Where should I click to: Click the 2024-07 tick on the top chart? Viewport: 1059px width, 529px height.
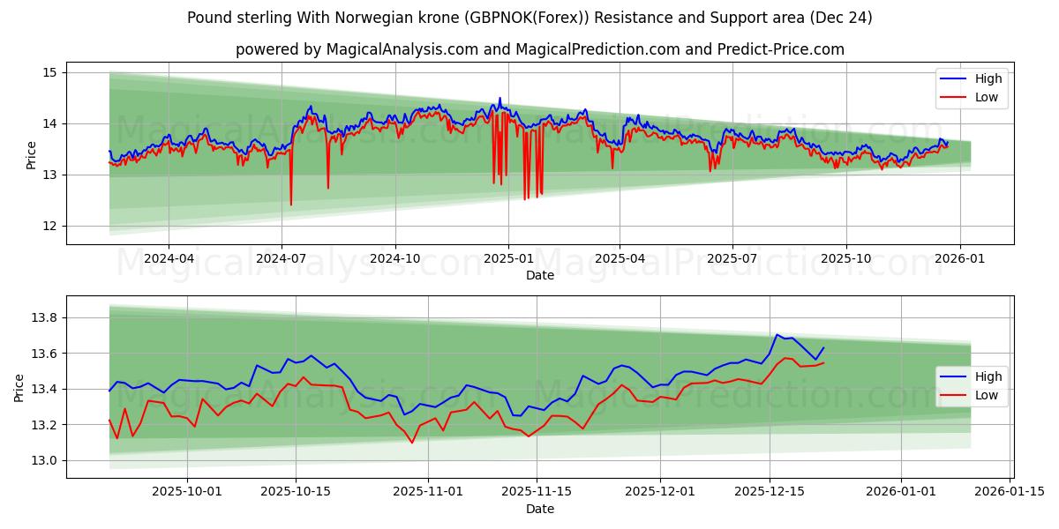click(282, 258)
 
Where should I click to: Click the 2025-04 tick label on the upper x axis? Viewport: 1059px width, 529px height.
click(620, 258)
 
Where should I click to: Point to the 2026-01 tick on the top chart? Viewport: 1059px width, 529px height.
click(959, 258)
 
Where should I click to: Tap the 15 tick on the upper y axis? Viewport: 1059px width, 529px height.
click(49, 72)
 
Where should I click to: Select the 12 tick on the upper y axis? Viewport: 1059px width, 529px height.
click(49, 226)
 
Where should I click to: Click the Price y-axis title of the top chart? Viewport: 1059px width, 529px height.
click(32, 155)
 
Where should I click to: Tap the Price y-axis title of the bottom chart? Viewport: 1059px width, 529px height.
click(19, 387)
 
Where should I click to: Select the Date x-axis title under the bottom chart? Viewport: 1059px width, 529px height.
click(540, 509)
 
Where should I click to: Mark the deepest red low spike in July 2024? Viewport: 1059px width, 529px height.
click(290, 205)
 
